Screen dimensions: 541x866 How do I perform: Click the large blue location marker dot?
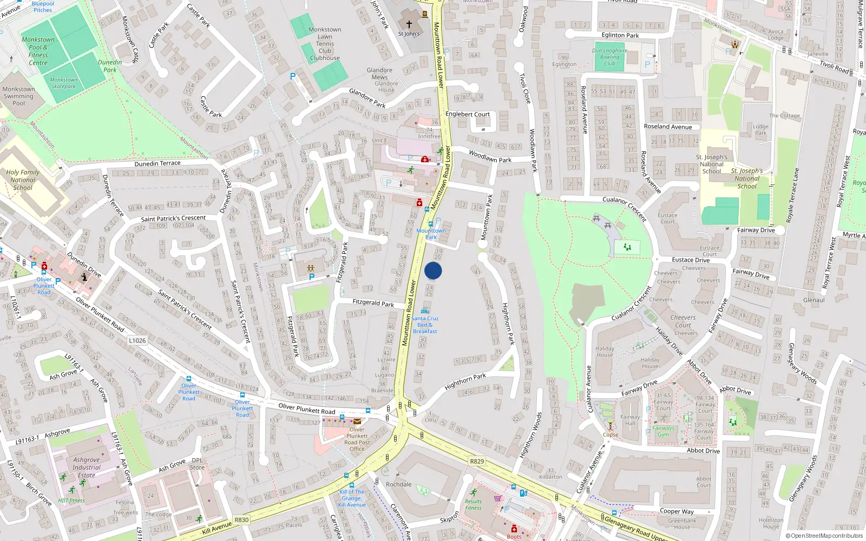[x=433, y=270]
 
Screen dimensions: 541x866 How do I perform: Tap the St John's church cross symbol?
[x=409, y=24]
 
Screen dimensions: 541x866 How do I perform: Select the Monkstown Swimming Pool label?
[x=18, y=96]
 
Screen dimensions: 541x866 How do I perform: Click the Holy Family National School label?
[x=23, y=180]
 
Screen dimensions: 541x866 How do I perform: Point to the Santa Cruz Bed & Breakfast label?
[x=425, y=325]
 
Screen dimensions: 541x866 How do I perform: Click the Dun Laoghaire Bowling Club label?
[x=609, y=57]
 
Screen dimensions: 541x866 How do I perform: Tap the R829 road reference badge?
[x=477, y=461]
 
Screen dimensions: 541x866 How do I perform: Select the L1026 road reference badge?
[x=137, y=340]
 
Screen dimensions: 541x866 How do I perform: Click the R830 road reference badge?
[x=241, y=520]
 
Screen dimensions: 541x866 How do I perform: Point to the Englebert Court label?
[x=467, y=114]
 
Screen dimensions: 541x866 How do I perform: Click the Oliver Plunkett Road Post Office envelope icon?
[x=357, y=421]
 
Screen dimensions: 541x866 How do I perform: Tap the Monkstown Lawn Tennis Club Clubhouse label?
[x=325, y=44]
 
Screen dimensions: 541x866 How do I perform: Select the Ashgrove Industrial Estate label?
[x=87, y=467]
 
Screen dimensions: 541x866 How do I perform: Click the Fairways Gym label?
[x=663, y=431]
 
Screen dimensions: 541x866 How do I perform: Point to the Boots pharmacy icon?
[x=514, y=529]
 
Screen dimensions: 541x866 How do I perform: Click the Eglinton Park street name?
[x=620, y=35]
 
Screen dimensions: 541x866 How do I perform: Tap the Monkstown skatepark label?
[x=64, y=83]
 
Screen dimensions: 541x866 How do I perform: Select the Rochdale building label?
[x=399, y=484]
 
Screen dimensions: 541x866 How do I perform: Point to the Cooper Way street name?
[x=677, y=511]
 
